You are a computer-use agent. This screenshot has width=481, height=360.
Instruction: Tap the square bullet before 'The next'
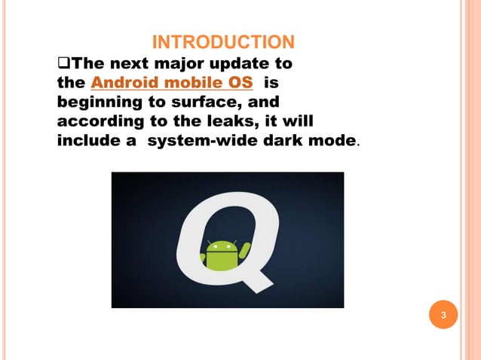(x=64, y=62)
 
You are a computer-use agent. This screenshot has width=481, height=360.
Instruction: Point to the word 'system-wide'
(x=198, y=141)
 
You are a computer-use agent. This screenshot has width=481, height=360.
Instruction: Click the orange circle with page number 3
(x=444, y=315)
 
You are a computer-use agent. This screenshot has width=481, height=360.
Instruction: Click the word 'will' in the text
(x=298, y=121)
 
